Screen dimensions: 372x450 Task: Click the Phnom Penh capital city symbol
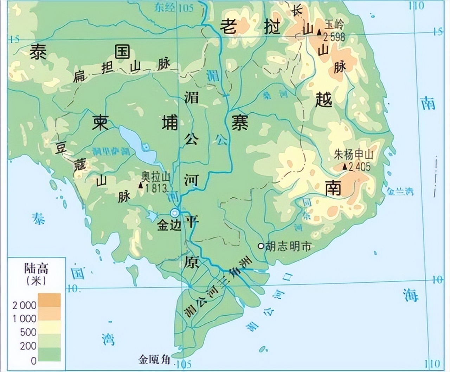tap(174, 213)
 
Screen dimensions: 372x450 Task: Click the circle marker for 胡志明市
tap(261, 246)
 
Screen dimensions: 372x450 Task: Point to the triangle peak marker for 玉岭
tap(319, 32)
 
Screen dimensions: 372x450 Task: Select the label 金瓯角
tap(154, 359)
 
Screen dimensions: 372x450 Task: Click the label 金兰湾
tap(400, 191)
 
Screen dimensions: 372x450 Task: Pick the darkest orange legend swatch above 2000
tap(49, 300)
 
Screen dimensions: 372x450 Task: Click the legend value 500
tap(28, 332)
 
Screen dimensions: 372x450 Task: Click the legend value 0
tap(33, 360)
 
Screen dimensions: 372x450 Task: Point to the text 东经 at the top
tap(165, 8)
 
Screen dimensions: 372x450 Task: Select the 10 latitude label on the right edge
tap(437, 280)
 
